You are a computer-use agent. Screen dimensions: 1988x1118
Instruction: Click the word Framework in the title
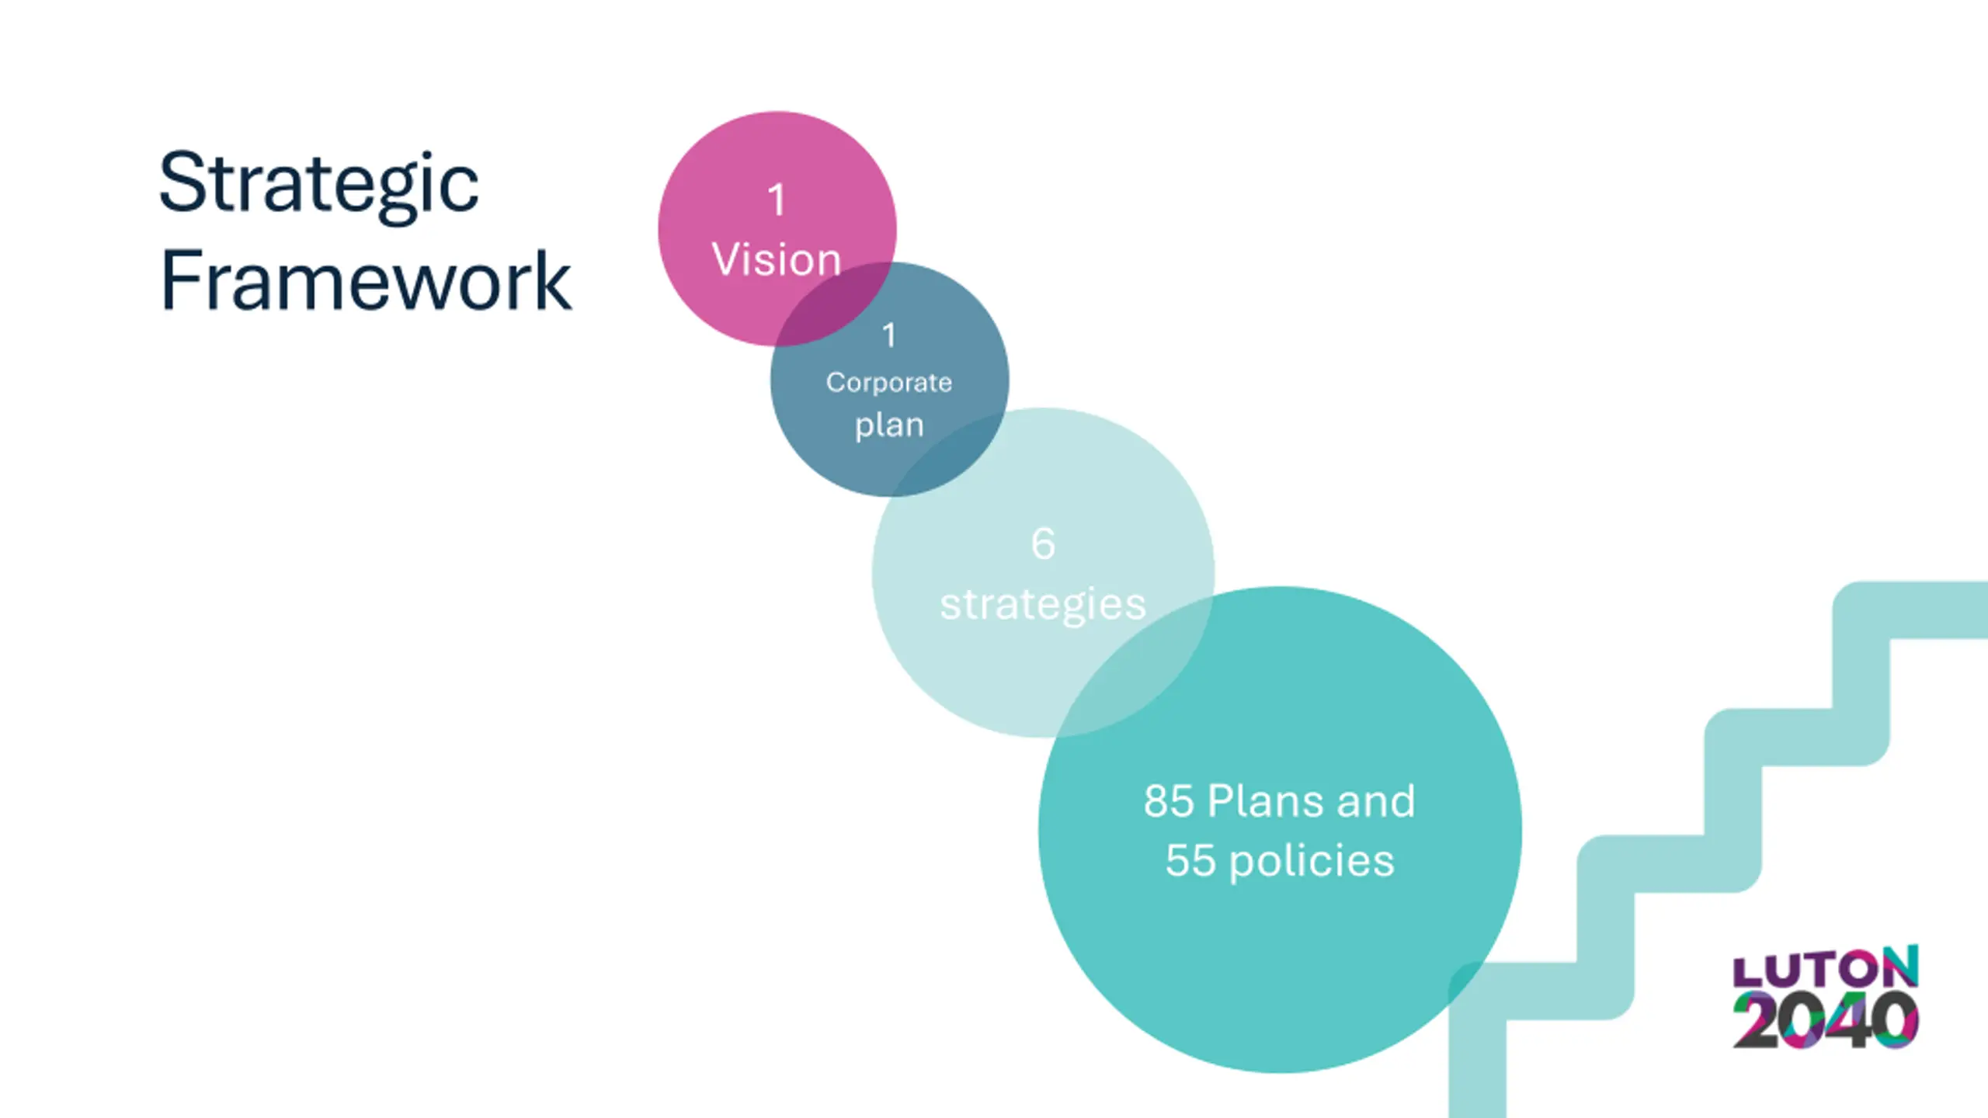pos(365,281)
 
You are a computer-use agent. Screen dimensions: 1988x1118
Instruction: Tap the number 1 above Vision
pos(776,200)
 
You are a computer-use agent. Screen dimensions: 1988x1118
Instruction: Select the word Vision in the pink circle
pos(776,259)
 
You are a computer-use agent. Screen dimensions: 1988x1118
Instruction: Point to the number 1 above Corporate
pos(889,335)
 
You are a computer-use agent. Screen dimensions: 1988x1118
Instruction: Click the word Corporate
pos(889,383)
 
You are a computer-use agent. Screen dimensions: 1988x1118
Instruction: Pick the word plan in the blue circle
pos(889,425)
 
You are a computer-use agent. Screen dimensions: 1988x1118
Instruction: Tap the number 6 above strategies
pos(1043,543)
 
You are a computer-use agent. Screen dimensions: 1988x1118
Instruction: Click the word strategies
pos(1043,604)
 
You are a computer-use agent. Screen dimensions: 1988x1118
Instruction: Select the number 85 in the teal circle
pos(1168,801)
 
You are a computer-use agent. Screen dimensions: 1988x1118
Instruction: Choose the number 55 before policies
pos(1190,861)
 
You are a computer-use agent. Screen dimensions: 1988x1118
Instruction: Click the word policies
pos(1312,861)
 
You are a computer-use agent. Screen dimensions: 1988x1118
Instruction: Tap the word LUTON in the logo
pos(1825,967)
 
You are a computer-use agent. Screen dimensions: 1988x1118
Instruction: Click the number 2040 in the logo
pos(1825,1021)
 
